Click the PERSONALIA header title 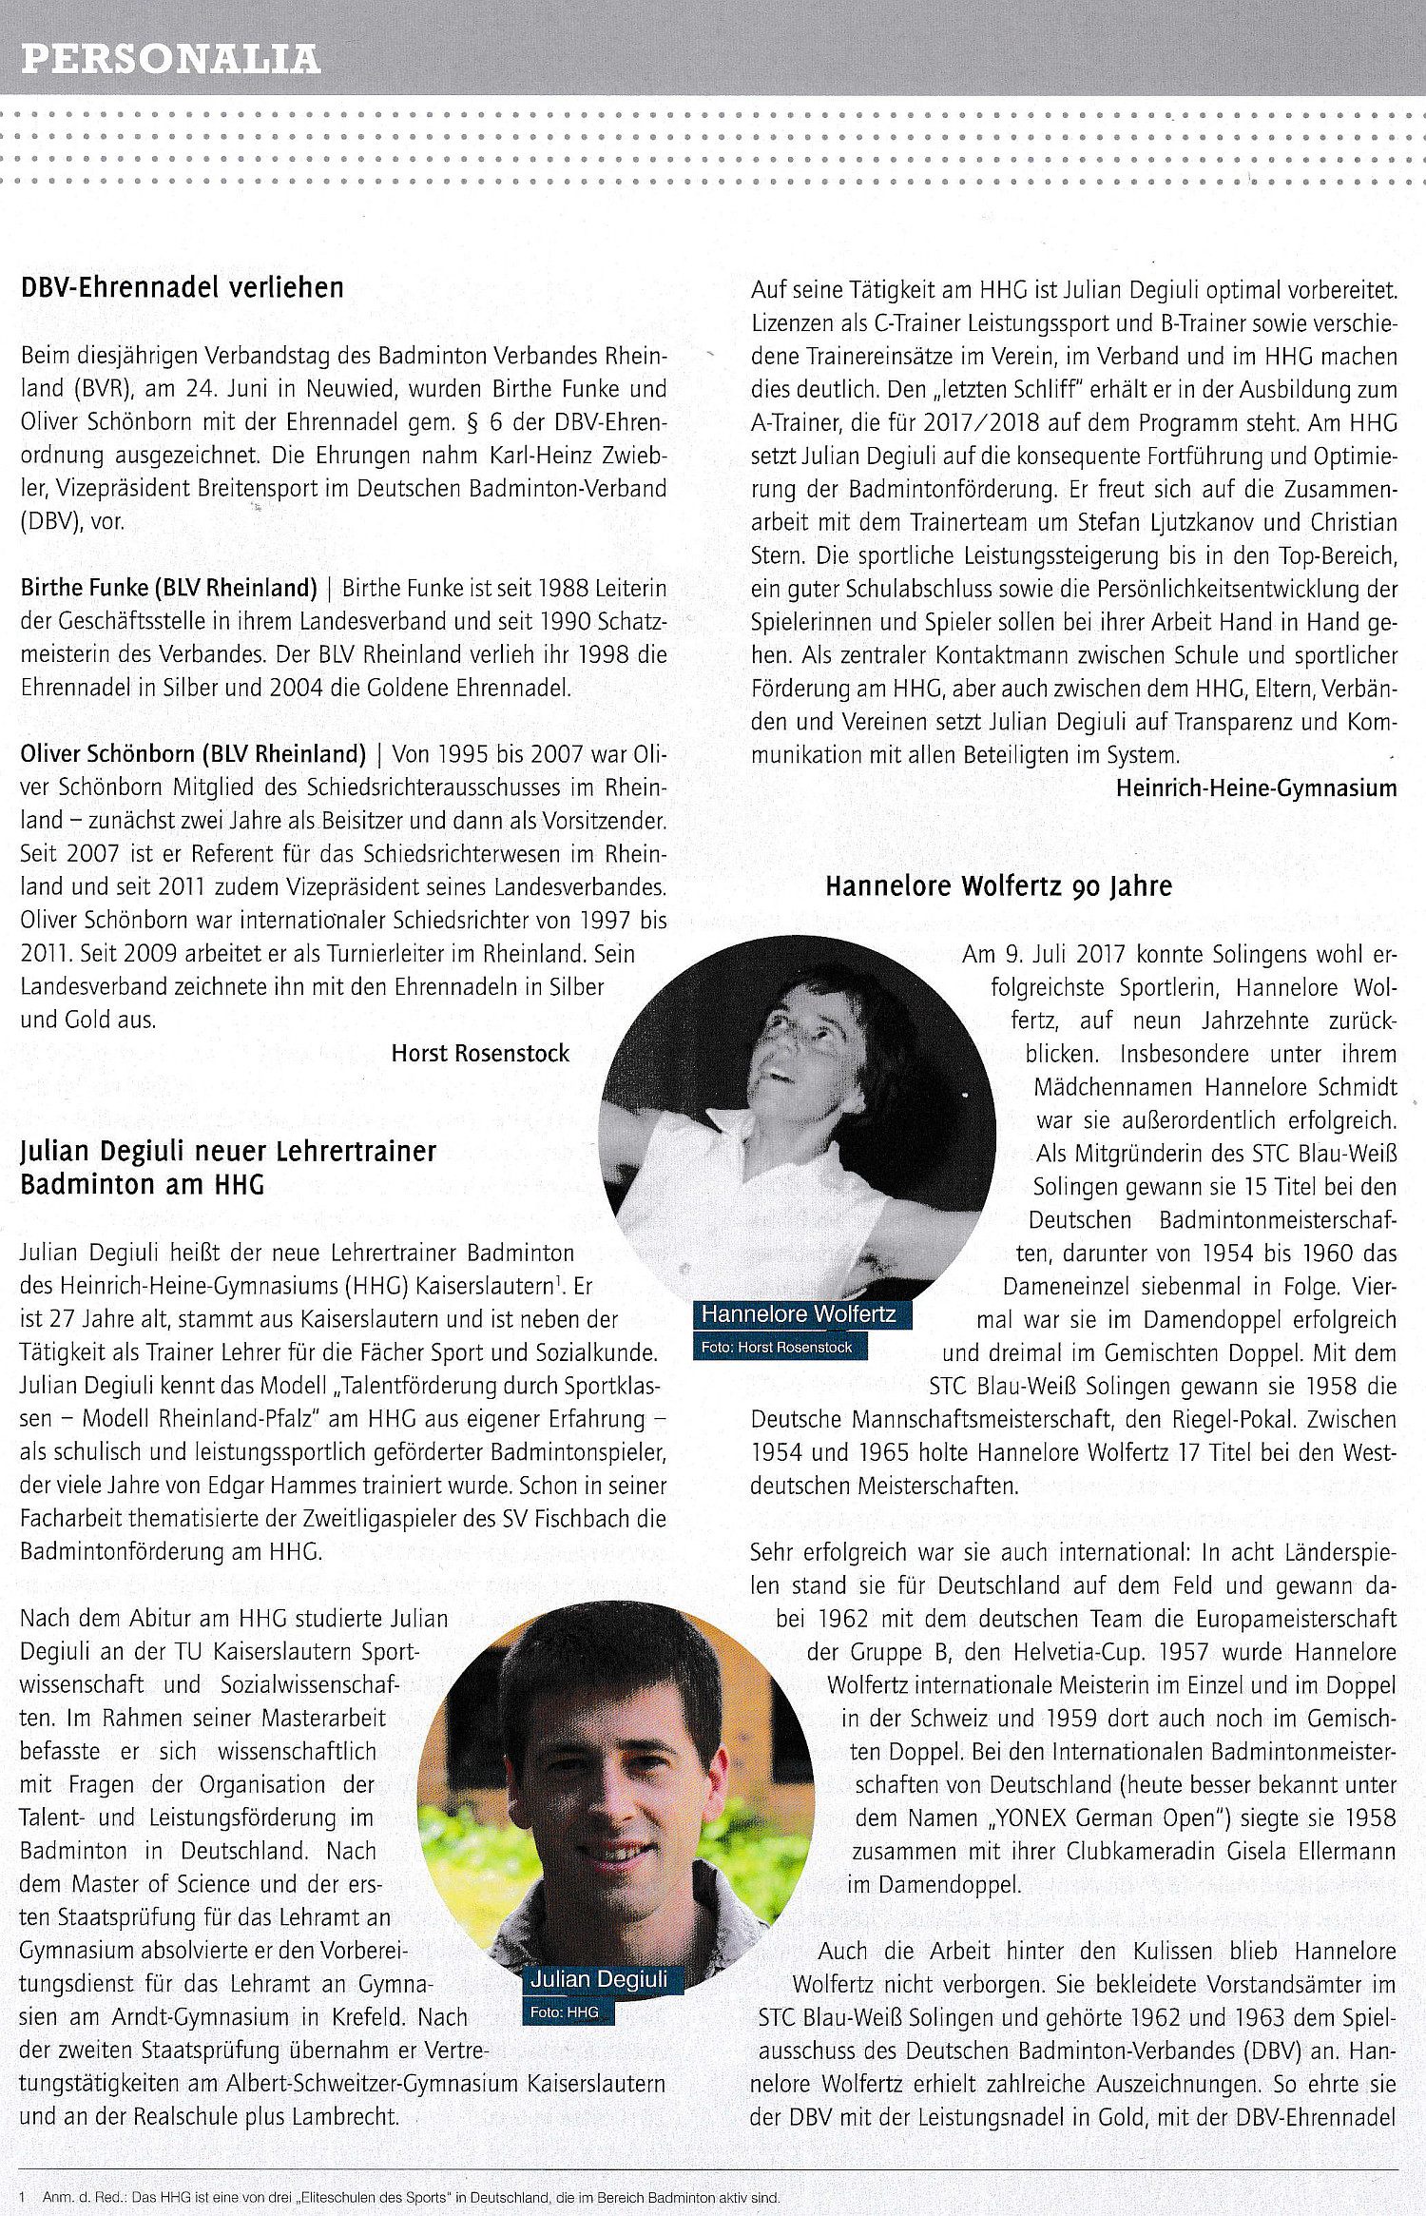click(x=171, y=59)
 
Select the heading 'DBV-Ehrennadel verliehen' click(x=182, y=287)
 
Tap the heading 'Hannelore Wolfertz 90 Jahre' click(x=998, y=886)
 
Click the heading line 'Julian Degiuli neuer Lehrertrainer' click(x=228, y=1151)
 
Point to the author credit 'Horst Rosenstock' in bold click(x=480, y=1053)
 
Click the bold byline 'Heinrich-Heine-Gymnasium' click(x=1256, y=787)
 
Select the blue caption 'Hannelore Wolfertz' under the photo click(x=799, y=1314)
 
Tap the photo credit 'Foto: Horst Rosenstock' click(x=777, y=1347)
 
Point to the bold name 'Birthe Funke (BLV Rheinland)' click(x=169, y=588)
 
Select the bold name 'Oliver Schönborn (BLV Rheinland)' click(x=193, y=754)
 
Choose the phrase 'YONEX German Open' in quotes click(x=1106, y=1818)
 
